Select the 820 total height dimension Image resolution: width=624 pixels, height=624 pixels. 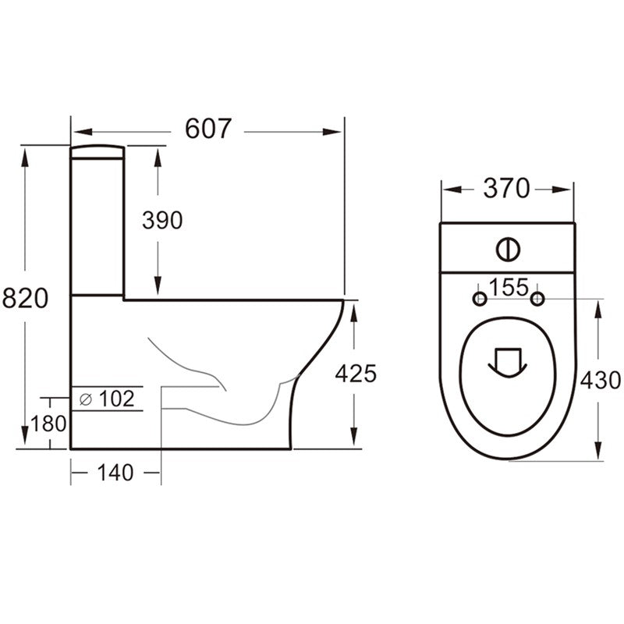[x=25, y=298]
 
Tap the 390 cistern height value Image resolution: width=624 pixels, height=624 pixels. [x=162, y=221]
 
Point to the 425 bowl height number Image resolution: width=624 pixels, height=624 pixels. [x=356, y=374]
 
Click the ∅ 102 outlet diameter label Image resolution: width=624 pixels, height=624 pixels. [x=107, y=399]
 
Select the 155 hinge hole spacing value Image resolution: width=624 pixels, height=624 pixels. [x=509, y=287]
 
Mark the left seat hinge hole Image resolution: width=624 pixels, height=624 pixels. [x=480, y=300]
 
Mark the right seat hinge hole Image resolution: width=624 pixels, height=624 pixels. [x=537, y=300]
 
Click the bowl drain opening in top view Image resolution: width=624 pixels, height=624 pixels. [x=507, y=360]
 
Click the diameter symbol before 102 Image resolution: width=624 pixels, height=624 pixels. [x=85, y=399]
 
